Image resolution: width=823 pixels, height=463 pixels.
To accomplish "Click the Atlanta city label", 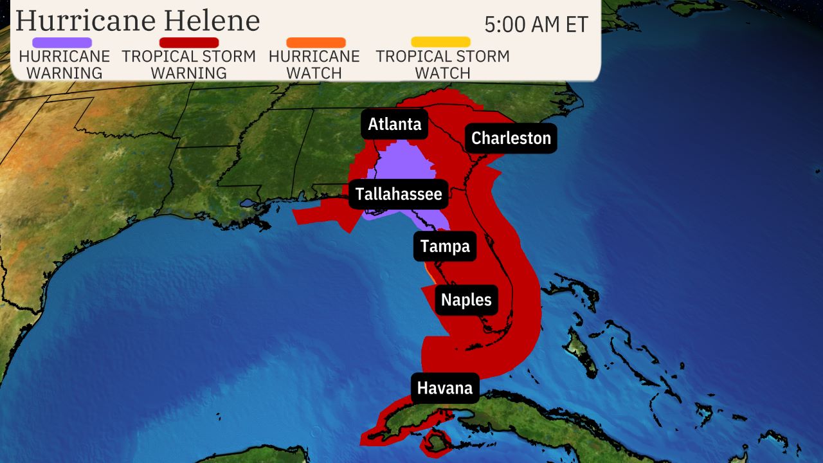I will coord(395,124).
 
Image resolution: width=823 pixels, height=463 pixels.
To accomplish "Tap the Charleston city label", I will coord(511,138).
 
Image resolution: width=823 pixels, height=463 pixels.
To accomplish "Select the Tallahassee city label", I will coord(399,194).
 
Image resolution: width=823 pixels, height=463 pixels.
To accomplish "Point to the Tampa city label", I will coord(445,246).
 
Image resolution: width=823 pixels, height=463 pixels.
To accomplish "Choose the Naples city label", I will coord(466,300).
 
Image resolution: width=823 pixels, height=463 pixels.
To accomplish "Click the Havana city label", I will coord(445,388).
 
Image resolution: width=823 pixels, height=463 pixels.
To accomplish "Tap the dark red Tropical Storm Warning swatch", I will coord(189,42).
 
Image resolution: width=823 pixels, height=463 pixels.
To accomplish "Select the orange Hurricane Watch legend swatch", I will coord(316,42).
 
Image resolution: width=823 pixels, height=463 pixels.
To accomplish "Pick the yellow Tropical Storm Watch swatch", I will coord(440,42).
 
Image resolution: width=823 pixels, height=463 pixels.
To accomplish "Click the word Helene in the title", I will coord(212,21).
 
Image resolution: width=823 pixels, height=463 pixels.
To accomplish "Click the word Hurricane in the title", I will coord(85,21).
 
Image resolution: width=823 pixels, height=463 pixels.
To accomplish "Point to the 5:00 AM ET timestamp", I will coord(536,24).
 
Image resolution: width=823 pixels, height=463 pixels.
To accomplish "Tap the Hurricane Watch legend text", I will coord(314,64).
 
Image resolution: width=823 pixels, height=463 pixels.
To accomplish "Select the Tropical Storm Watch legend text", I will coord(442,64).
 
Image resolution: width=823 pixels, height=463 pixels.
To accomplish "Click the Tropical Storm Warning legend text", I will coord(189,64).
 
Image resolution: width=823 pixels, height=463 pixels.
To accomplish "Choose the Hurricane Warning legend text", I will coord(64,64).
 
